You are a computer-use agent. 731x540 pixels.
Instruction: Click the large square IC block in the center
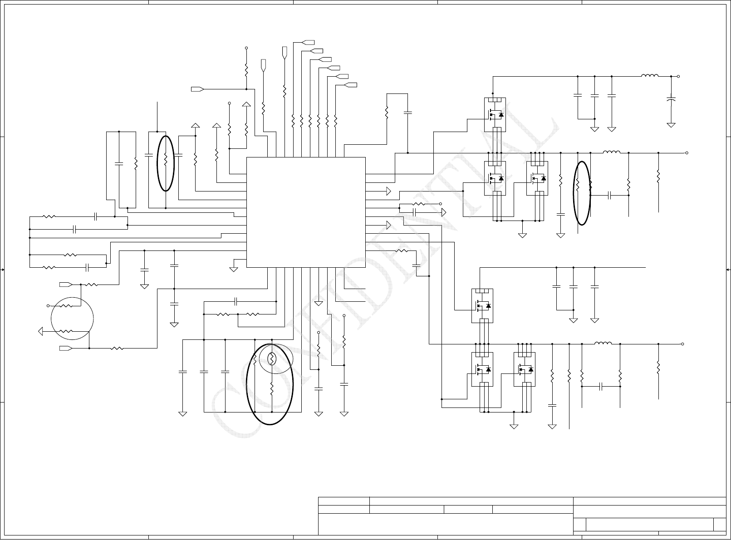[x=305, y=212]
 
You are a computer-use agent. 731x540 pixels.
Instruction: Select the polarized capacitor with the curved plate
[x=671, y=98]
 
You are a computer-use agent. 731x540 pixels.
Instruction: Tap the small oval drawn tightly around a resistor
[x=272, y=359]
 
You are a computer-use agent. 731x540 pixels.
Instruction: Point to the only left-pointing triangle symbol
[x=40, y=331]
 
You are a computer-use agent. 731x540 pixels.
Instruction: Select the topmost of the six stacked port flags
[x=309, y=42]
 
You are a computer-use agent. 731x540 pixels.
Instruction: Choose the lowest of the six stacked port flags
[x=350, y=85]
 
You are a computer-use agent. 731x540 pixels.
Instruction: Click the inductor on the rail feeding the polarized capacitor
[x=650, y=76]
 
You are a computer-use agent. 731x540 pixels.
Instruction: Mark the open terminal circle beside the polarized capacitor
[x=678, y=77]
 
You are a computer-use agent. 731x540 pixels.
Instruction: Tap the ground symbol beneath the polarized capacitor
[x=671, y=124]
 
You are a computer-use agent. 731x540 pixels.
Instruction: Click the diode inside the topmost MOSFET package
[x=501, y=114]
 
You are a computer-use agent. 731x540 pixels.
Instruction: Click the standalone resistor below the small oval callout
[x=272, y=389]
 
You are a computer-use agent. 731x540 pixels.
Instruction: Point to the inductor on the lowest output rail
[x=603, y=344]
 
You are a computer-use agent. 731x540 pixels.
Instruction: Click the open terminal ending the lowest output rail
[x=682, y=344]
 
